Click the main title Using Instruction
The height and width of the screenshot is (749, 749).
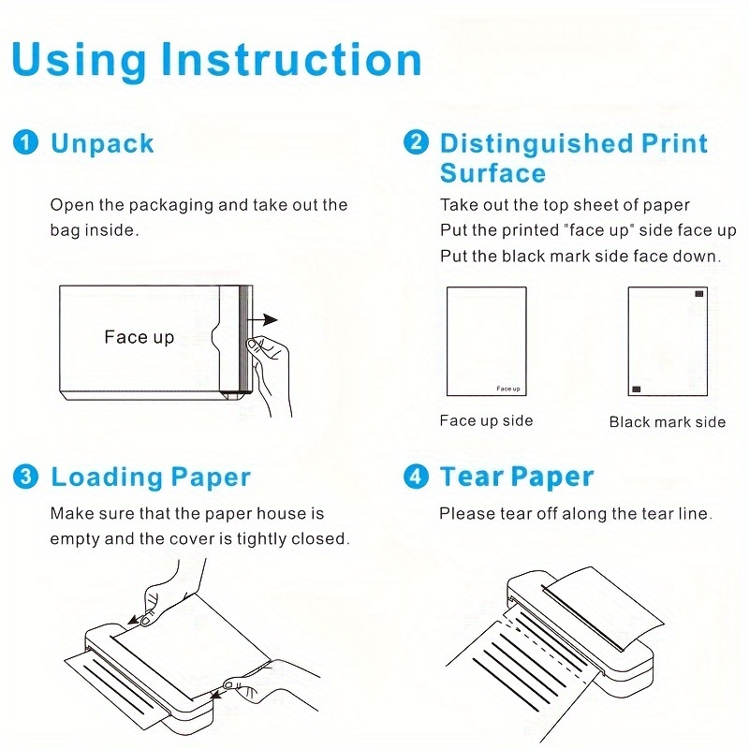216,59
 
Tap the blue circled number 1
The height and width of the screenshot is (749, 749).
25,143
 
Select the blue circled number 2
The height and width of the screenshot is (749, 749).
416,143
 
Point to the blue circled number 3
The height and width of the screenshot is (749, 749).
25,477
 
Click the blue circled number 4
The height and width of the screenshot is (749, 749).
416,477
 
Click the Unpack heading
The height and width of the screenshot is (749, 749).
102,143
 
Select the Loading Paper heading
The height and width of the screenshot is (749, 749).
151,477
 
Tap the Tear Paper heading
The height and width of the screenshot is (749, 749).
517,477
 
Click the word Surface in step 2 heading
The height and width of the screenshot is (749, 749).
492,173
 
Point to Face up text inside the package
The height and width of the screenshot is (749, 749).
139,337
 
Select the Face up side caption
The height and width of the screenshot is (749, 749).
486,420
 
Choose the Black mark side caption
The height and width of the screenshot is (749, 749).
667,422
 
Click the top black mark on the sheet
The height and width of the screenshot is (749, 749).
698,295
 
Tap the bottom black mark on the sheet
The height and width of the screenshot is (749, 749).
637,388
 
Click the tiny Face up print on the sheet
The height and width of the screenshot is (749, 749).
508,388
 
